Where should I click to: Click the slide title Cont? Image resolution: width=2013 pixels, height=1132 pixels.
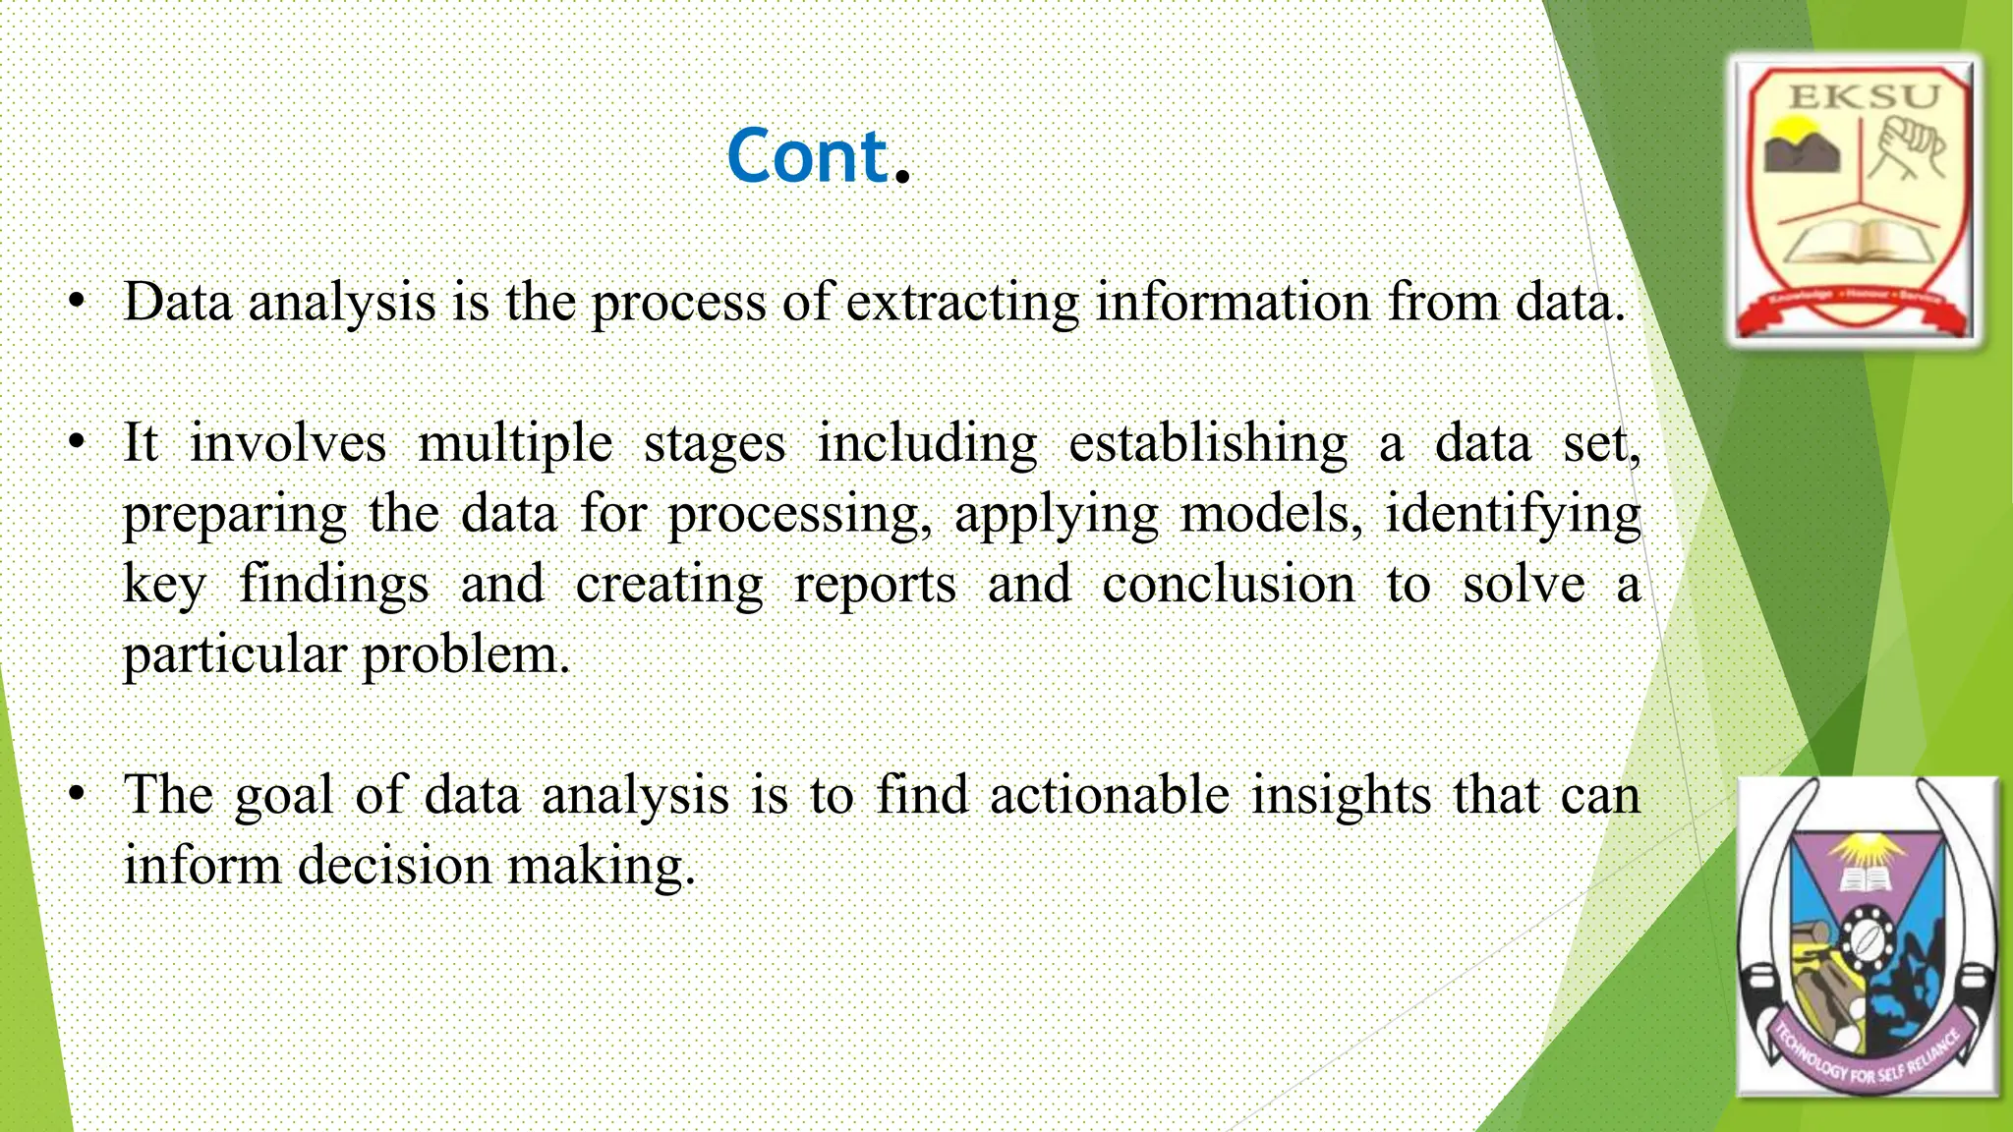(818, 157)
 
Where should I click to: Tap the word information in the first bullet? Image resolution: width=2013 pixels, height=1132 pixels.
(1233, 303)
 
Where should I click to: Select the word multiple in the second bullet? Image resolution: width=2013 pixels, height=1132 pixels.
(515, 444)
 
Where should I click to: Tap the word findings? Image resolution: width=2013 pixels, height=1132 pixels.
(334, 585)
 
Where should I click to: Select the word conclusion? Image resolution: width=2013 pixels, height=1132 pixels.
(1228, 585)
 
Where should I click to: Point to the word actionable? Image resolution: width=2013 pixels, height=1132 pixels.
(1109, 795)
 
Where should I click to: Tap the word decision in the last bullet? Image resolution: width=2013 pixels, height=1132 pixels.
(394, 866)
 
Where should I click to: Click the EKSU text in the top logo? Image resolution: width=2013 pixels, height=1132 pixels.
(1864, 95)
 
